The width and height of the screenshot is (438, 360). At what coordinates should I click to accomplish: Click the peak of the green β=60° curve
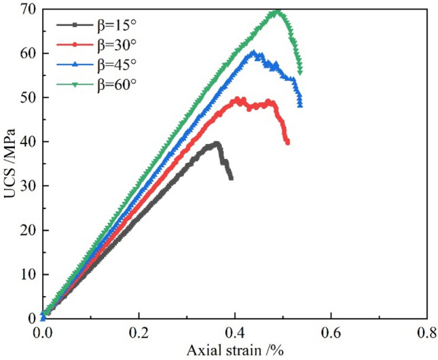(331, 11)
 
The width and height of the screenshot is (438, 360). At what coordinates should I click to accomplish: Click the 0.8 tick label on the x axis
(426, 333)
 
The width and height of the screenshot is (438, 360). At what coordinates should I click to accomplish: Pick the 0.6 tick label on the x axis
(331, 333)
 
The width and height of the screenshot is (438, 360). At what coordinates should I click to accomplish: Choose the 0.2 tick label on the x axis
(139, 333)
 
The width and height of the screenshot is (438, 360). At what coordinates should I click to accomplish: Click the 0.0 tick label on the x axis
(43, 333)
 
